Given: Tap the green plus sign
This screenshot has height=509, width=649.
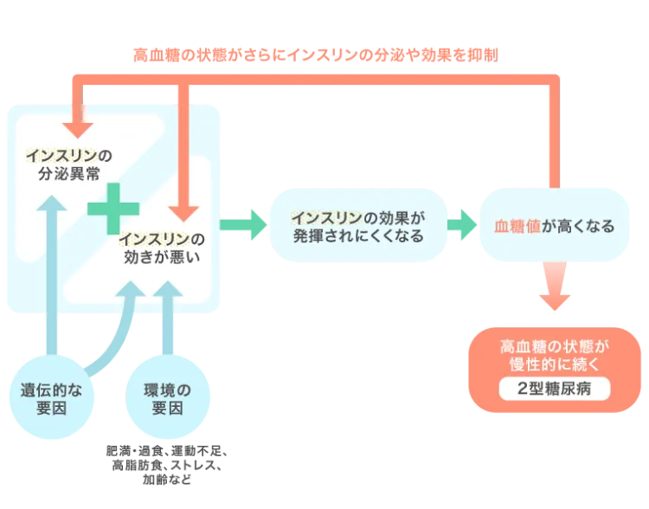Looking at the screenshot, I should point(112,209).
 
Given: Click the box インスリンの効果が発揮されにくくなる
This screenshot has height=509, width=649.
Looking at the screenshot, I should point(357,225).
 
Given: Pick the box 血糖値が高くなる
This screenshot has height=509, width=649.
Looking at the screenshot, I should point(554,226).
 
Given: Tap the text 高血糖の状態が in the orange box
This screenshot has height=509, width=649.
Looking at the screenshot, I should point(554,345).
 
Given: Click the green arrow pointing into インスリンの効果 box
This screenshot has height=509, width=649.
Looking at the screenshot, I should point(246,225).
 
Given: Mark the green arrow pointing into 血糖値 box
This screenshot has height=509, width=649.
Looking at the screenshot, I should point(463,225).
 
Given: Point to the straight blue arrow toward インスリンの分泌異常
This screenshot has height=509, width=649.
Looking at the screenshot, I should point(55,268).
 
